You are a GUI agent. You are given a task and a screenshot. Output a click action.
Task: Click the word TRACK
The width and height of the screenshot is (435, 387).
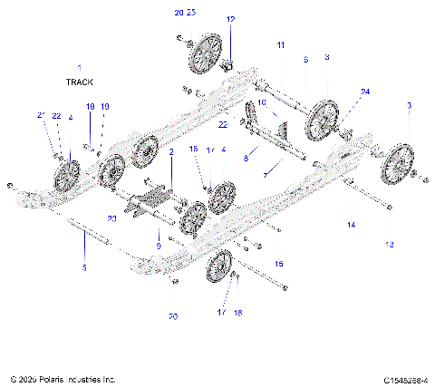point(80,82)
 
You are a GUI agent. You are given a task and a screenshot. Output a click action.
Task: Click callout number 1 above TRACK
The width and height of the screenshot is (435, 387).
point(79,68)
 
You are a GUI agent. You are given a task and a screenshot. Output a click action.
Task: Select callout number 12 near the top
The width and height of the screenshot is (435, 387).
point(230,19)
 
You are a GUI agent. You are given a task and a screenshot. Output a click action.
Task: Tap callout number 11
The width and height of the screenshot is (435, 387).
point(280,44)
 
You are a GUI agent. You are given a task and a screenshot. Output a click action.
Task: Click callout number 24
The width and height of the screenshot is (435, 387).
point(365,92)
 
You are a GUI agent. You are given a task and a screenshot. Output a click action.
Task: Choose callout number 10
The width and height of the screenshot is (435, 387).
point(262,102)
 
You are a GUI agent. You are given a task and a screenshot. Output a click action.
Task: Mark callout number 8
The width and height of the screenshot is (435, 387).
point(246,158)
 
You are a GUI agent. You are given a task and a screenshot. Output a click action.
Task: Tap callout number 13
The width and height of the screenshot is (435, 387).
point(390,244)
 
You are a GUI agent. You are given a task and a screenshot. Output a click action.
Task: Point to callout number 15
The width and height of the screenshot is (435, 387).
point(278,263)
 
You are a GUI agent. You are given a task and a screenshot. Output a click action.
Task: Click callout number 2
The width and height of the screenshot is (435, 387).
point(170,154)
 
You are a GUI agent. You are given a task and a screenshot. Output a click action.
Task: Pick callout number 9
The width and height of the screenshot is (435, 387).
point(158,246)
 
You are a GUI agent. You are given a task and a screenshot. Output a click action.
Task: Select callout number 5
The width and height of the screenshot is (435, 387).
point(84,267)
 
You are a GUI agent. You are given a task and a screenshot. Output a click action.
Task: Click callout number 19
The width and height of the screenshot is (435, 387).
point(105,107)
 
